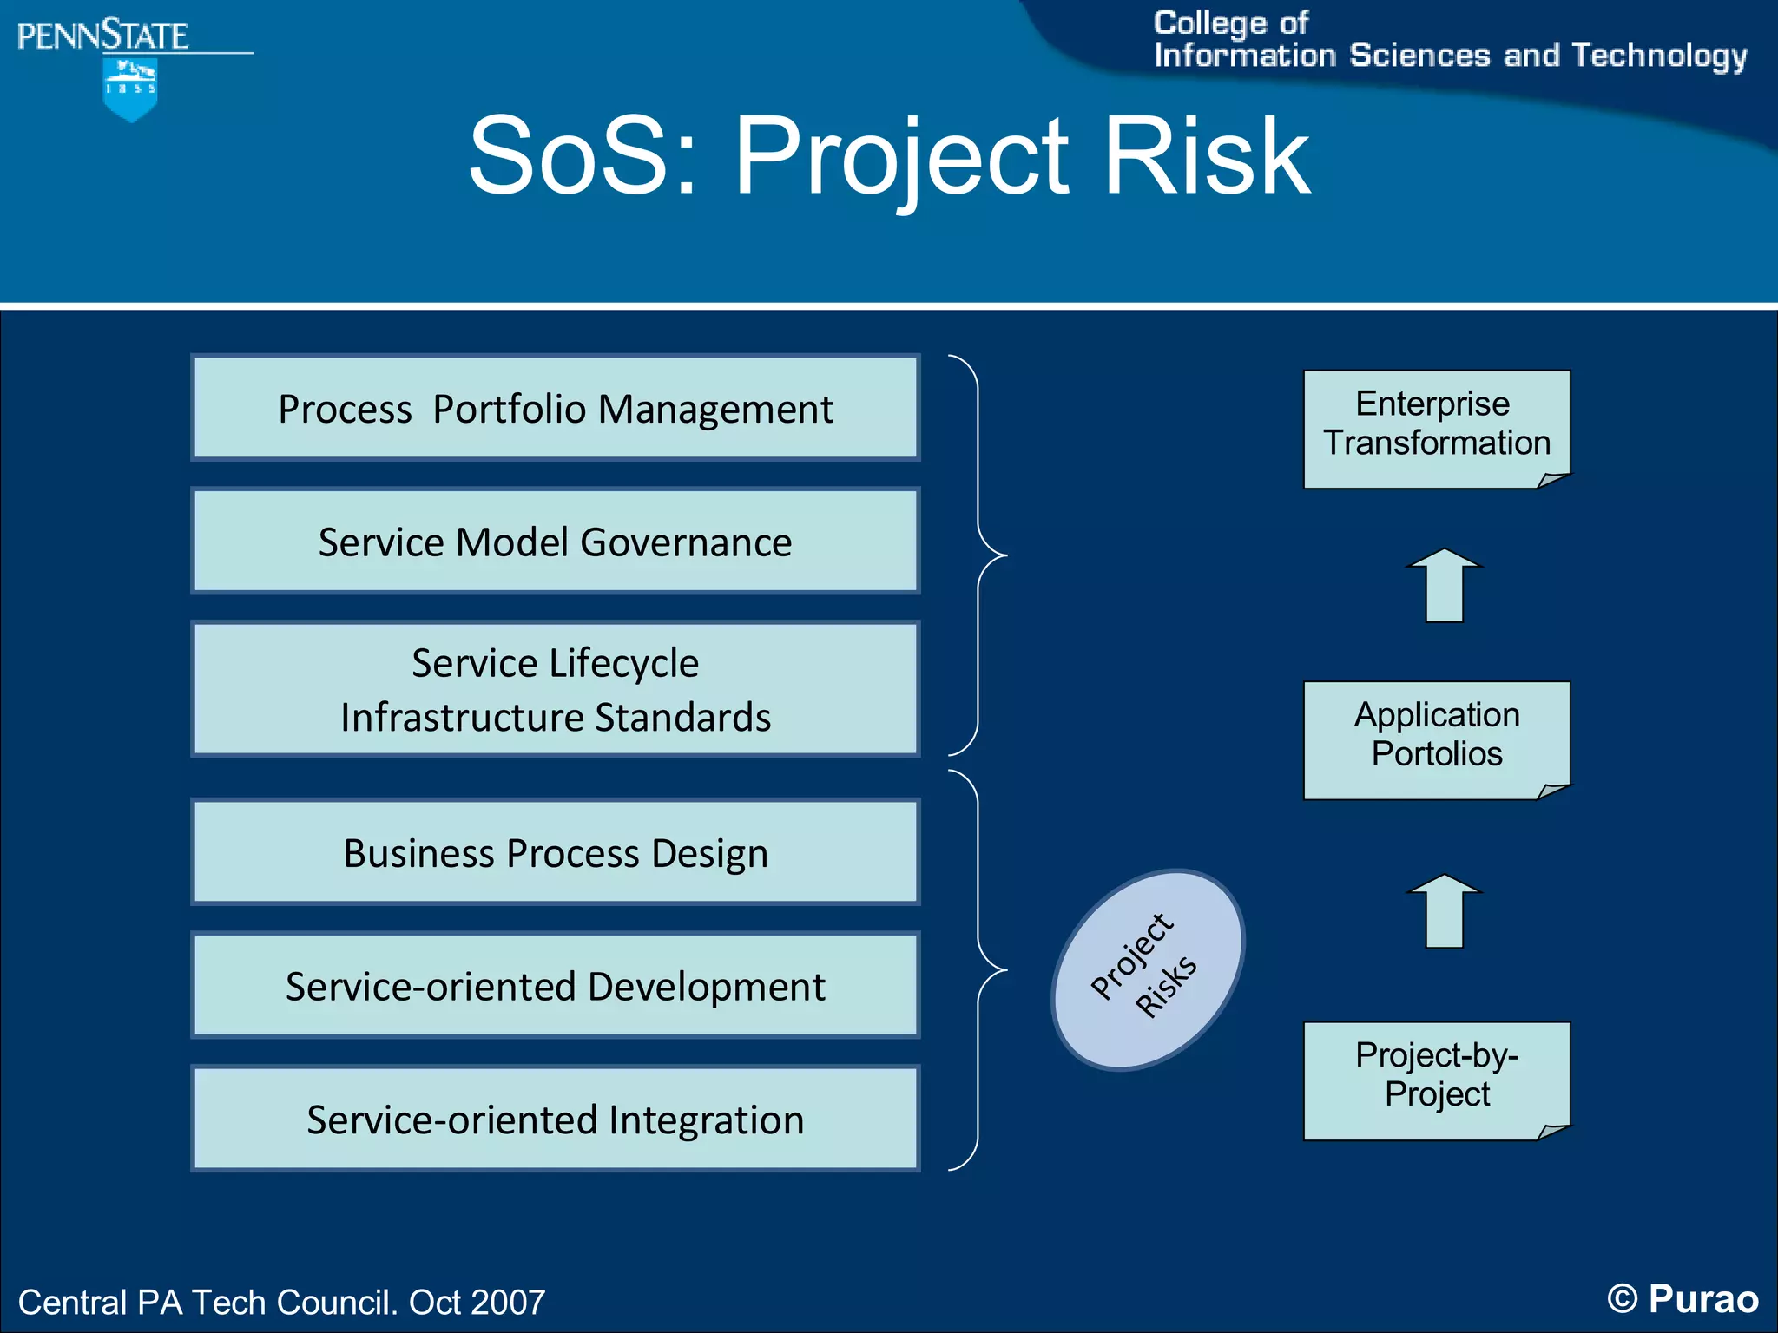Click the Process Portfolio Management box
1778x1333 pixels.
tap(556, 408)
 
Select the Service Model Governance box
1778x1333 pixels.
tap(556, 541)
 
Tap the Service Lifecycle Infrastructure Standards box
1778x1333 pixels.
tap(556, 689)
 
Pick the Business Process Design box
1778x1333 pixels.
tap(556, 852)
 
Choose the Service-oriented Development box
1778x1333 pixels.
tap(556, 985)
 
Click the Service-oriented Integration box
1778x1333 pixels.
tap(556, 1119)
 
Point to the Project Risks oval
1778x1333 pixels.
tap(1148, 969)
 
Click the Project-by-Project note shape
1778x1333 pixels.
tap(1437, 1080)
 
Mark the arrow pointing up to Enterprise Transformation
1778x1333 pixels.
tap(1445, 588)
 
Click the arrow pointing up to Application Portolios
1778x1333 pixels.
tap(1445, 913)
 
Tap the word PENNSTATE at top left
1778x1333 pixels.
tap(102, 36)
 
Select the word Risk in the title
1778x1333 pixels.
tap(1207, 157)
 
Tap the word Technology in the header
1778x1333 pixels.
tap(1659, 56)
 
